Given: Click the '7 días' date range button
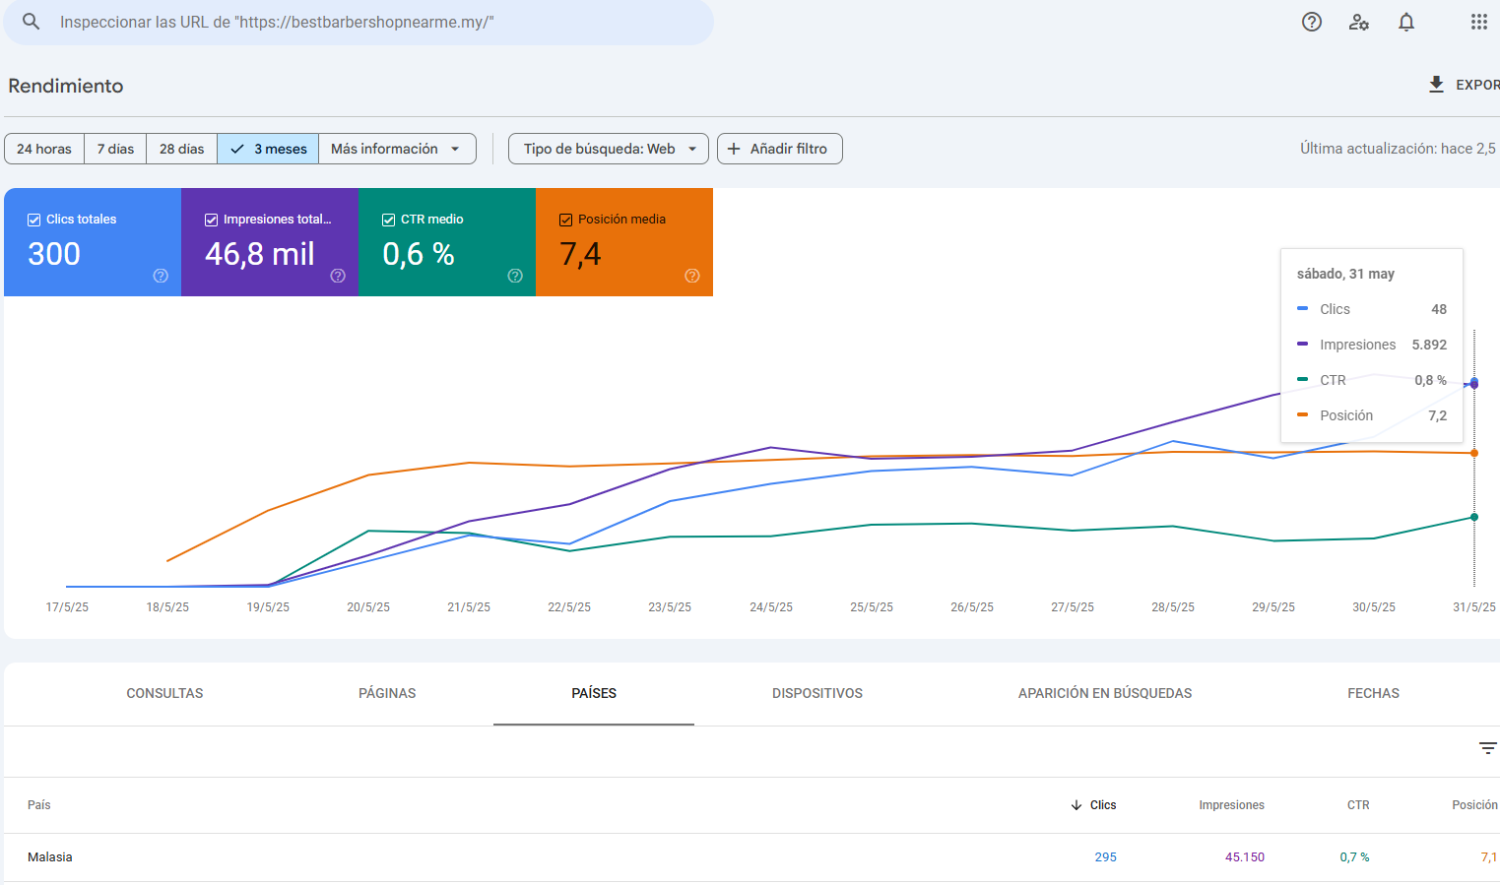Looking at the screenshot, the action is tap(115, 149).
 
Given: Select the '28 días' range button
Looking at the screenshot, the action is tap(181, 149).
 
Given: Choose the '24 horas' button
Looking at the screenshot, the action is tap(44, 149).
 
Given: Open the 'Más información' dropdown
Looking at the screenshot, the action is tap(397, 149).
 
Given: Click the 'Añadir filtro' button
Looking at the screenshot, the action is tap(779, 149).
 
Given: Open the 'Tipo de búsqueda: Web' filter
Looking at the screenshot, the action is tap(608, 149).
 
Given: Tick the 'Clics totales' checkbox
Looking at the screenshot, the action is tap(33, 220).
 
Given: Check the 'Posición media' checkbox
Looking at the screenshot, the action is tap(566, 220).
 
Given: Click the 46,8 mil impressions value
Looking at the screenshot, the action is tap(260, 254).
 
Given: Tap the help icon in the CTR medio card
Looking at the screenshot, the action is tap(515, 276).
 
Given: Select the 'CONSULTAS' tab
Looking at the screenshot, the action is tap(164, 694).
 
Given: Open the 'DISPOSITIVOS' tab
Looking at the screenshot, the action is tap(816, 694).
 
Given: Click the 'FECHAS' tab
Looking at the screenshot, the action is tap(1373, 694).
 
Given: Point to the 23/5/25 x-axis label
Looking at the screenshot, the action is tap(670, 607).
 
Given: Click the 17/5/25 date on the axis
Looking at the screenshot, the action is tap(67, 607).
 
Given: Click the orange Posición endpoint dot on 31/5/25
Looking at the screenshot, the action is tap(1473, 453).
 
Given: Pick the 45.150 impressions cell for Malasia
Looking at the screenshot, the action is tap(1245, 856).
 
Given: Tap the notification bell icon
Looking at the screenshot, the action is tap(1406, 22).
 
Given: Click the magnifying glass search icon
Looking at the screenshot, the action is tap(31, 22).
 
